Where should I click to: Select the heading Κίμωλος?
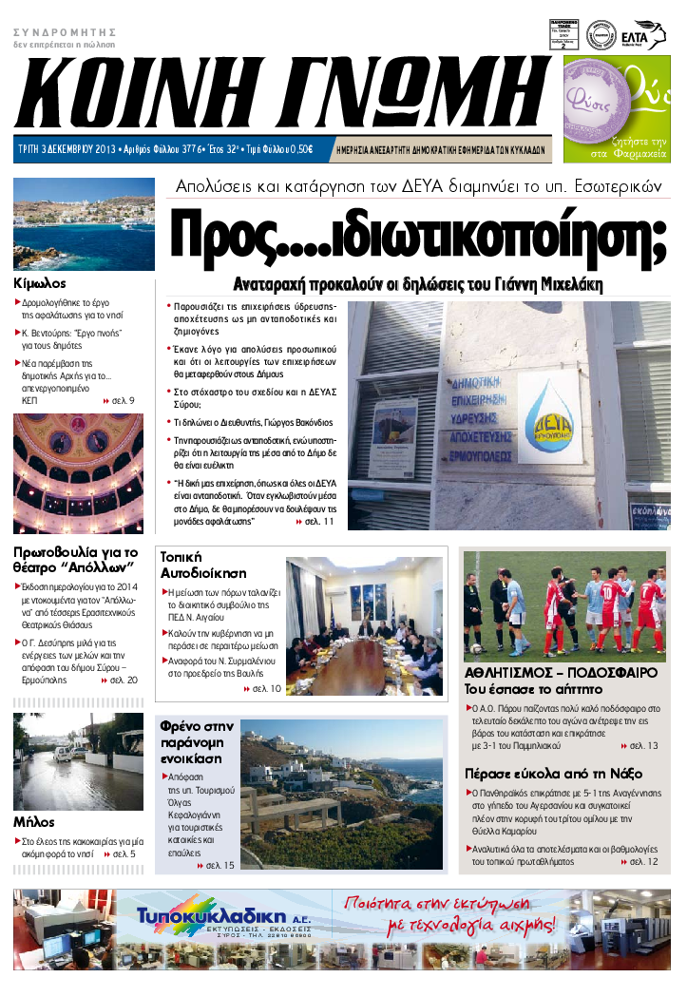coord(41,283)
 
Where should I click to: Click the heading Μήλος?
coord(34,821)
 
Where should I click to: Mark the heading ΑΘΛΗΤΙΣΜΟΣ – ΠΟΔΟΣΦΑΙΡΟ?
coord(561,672)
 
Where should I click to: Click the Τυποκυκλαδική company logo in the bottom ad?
coord(235,920)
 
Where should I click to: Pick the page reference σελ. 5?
coord(119,854)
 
